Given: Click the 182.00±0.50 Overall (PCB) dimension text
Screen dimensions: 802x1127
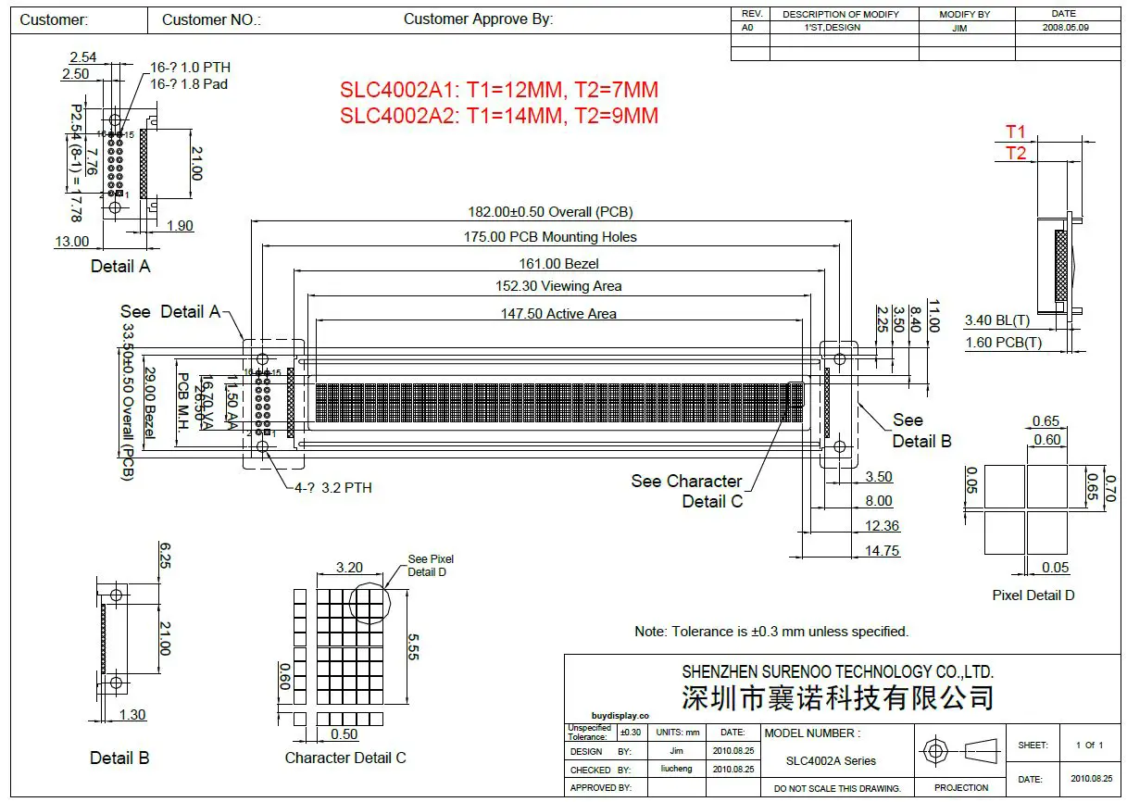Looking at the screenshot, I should pyautogui.click(x=550, y=212).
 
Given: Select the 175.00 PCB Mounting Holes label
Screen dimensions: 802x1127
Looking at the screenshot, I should pyautogui.click(x=550, y=237).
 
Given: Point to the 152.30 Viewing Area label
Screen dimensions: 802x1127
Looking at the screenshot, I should pyautogui.click(x=558, y=286).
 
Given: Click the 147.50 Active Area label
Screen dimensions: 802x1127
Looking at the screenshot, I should pyautogui.click(x=558, y=314).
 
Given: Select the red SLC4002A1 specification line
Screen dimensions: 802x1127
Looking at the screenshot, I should pyautogui.click(x=498, y=90).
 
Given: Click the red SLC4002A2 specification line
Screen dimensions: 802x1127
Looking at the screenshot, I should pyautogui.click(x=498, y=116).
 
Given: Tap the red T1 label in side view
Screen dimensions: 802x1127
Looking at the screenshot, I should pyautogui.click(x=1016, y=132).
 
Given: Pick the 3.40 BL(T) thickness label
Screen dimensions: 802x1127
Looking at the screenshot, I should pyautogui.click(x=997, y=320).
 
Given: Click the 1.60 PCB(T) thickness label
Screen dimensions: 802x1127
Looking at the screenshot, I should pyautogui.click(x=1003, y=343).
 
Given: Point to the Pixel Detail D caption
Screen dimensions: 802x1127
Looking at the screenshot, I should pyautogui.click(x=1033, y=595).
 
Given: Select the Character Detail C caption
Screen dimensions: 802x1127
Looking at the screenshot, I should pyautogui.click(x=344, y=758).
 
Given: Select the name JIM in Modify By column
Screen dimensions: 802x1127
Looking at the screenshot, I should pyautogui.click(x=964, y=28).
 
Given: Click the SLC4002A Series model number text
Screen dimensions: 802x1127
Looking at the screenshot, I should pyautogui.click(x=831, y=761).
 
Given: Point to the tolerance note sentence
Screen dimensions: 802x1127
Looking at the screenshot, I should pyautogui.click(x=771, y=632).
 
